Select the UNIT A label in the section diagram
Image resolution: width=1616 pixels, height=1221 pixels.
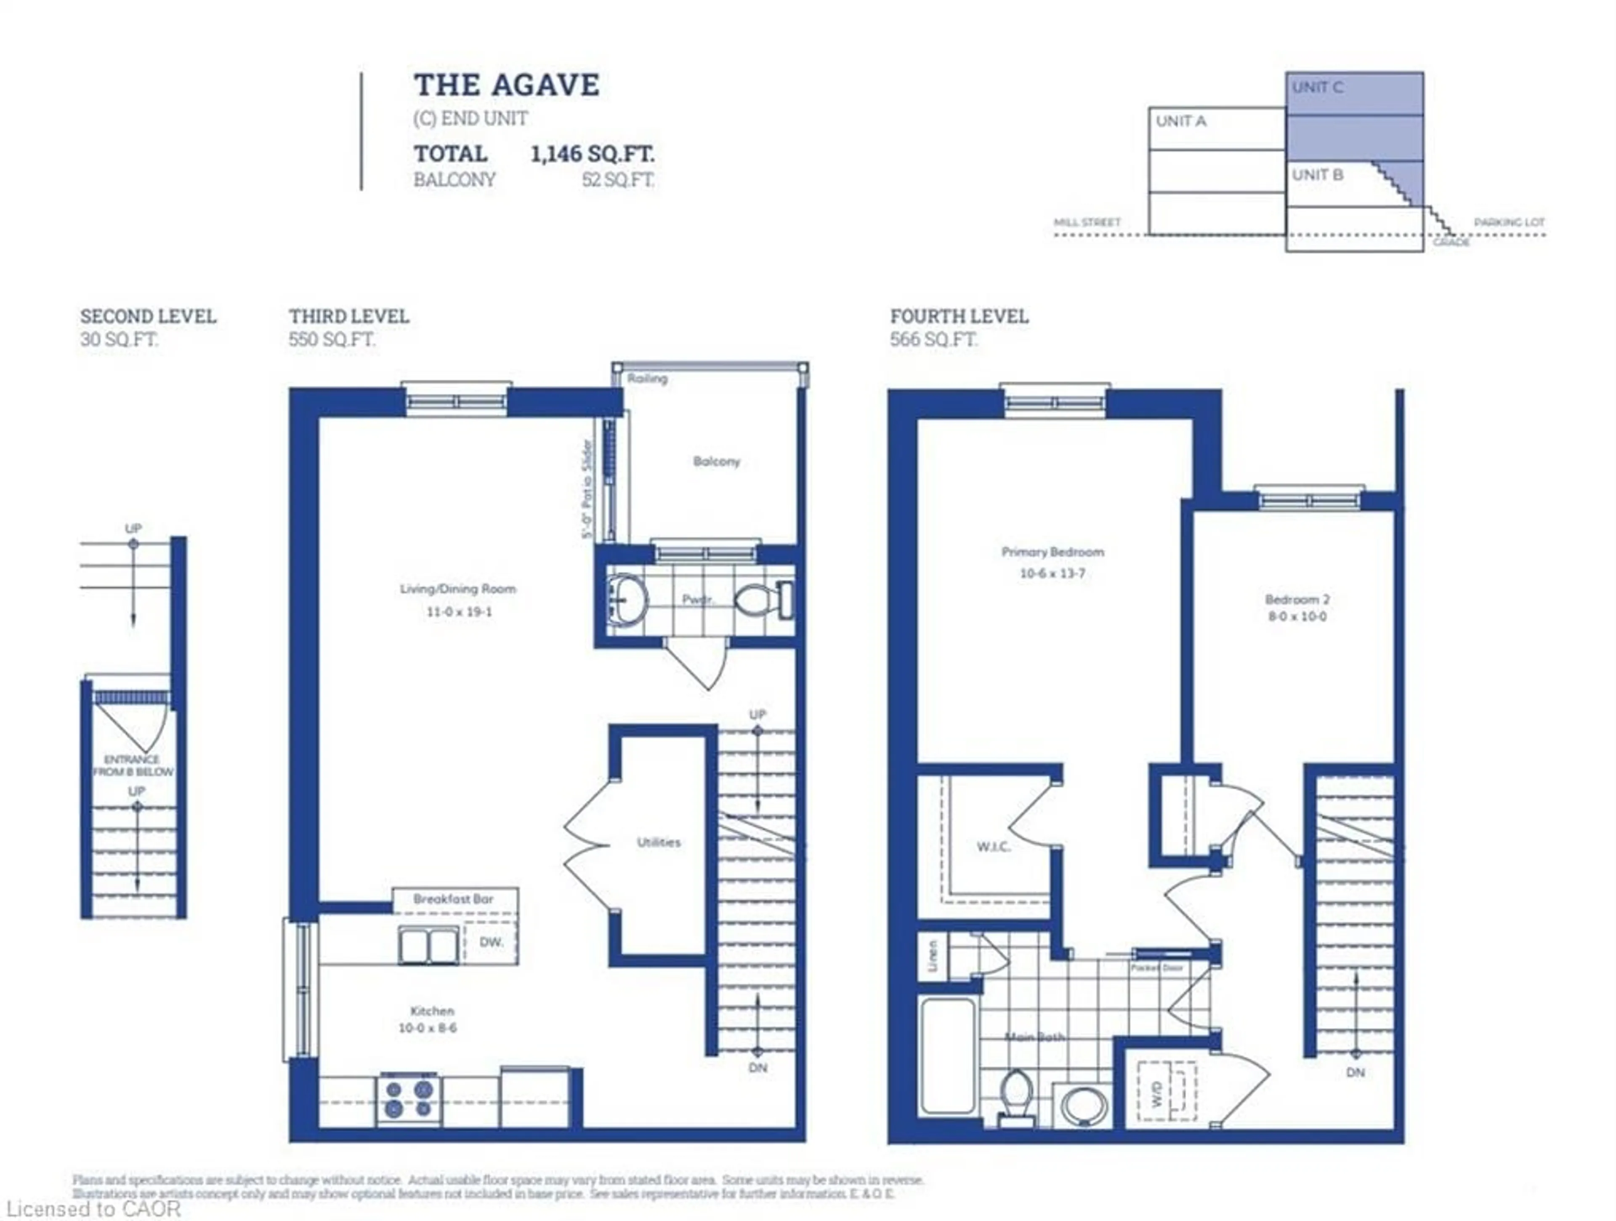pos(1180,121)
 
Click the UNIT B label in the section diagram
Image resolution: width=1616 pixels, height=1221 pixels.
pos(1317,175)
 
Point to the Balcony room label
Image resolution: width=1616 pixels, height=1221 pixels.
pos(716,461)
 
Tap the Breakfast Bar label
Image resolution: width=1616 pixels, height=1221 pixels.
pos(453,899)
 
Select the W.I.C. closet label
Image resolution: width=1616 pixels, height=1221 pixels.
pos(994,846)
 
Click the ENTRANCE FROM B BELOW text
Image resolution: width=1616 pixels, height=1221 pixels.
pos(133,765)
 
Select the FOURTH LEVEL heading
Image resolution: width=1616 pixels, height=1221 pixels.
pos(959,316)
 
